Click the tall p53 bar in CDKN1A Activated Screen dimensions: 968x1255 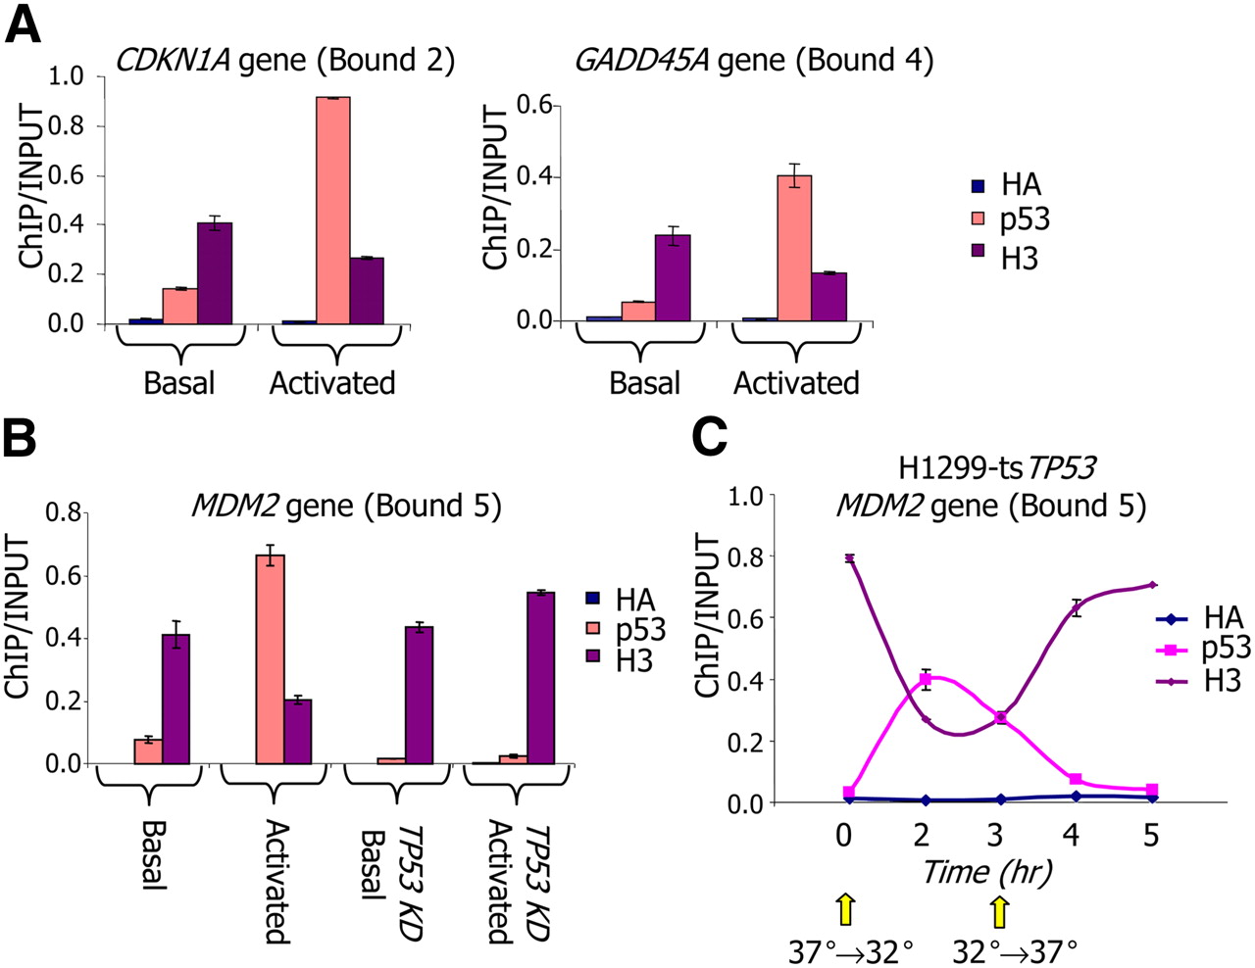[332, 210]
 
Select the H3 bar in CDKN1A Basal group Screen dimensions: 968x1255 [214, 273]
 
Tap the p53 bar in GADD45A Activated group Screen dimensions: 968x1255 [794, 249]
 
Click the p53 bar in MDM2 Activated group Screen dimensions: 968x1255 [270, 658]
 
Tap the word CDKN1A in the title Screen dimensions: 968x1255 [173, 61]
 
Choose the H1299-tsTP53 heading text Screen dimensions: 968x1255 [996, 468]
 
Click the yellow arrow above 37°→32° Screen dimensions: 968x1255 [845, 909]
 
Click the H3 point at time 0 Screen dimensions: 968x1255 [848, 558]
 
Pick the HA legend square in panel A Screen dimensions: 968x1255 [978, 185]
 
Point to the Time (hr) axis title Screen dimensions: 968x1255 [986, 871]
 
